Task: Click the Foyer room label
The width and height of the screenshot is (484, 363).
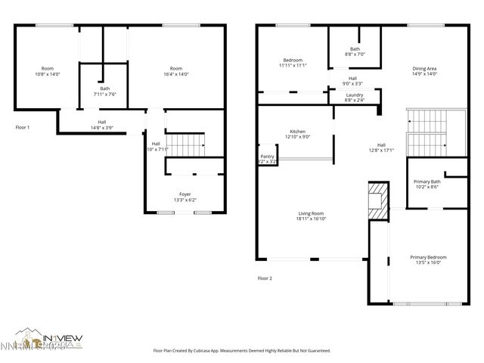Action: click(x=185, y=197)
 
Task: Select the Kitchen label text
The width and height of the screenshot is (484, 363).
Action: click(x=297, y=134)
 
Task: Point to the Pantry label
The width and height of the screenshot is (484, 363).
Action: click(x=267, y=159)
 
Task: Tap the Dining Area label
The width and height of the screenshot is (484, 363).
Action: click(x=424, y=71)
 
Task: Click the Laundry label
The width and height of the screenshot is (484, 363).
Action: click(x=354, y=97)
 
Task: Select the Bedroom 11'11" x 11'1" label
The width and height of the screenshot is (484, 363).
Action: click(x=293, y=63)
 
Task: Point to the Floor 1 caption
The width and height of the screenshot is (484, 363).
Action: click(x=23, y=127)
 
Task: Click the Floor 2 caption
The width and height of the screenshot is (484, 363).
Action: click(x=265, y=278)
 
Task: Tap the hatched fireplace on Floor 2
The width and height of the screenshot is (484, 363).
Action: click(x=378, y=200)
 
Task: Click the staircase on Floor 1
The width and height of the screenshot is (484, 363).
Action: click(x=186, y=143)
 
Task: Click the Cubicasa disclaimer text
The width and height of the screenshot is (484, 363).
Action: click(x=241, y=350)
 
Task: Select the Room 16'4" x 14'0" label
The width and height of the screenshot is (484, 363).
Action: click(x=175, y=71)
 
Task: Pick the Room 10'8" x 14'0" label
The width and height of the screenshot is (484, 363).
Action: click(x=47, y=71)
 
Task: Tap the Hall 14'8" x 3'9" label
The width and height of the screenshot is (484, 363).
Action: click(x=101, y=125)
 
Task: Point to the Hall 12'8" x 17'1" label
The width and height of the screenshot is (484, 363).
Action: click(x=381, y=147)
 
